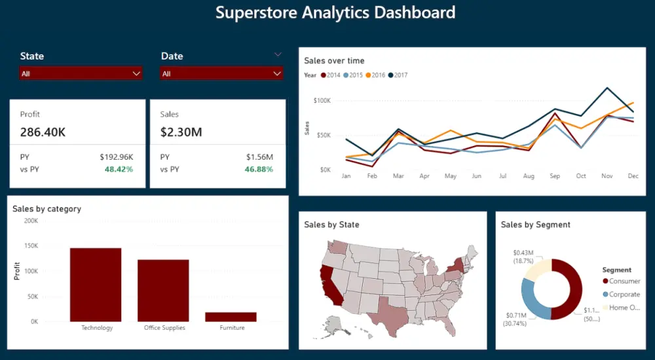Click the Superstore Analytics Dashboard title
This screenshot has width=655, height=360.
pos(335,12)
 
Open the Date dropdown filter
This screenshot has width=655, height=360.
pos(221,74)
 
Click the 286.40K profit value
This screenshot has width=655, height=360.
pos(43,132)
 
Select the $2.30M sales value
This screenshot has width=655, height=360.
pos(181,132)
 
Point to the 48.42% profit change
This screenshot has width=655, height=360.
pos(119,170)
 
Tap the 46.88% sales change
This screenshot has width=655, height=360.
pos(259,170)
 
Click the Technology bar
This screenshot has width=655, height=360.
pos(96,285)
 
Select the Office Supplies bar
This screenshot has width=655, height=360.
pos(163,291)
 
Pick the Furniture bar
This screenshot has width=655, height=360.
pos(231,317)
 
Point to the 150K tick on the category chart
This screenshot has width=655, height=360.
pos(31,246)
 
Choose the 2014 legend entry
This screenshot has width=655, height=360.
pos(329,75)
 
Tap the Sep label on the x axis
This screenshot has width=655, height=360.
pos(555,176)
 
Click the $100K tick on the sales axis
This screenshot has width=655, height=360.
pos(322,101)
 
